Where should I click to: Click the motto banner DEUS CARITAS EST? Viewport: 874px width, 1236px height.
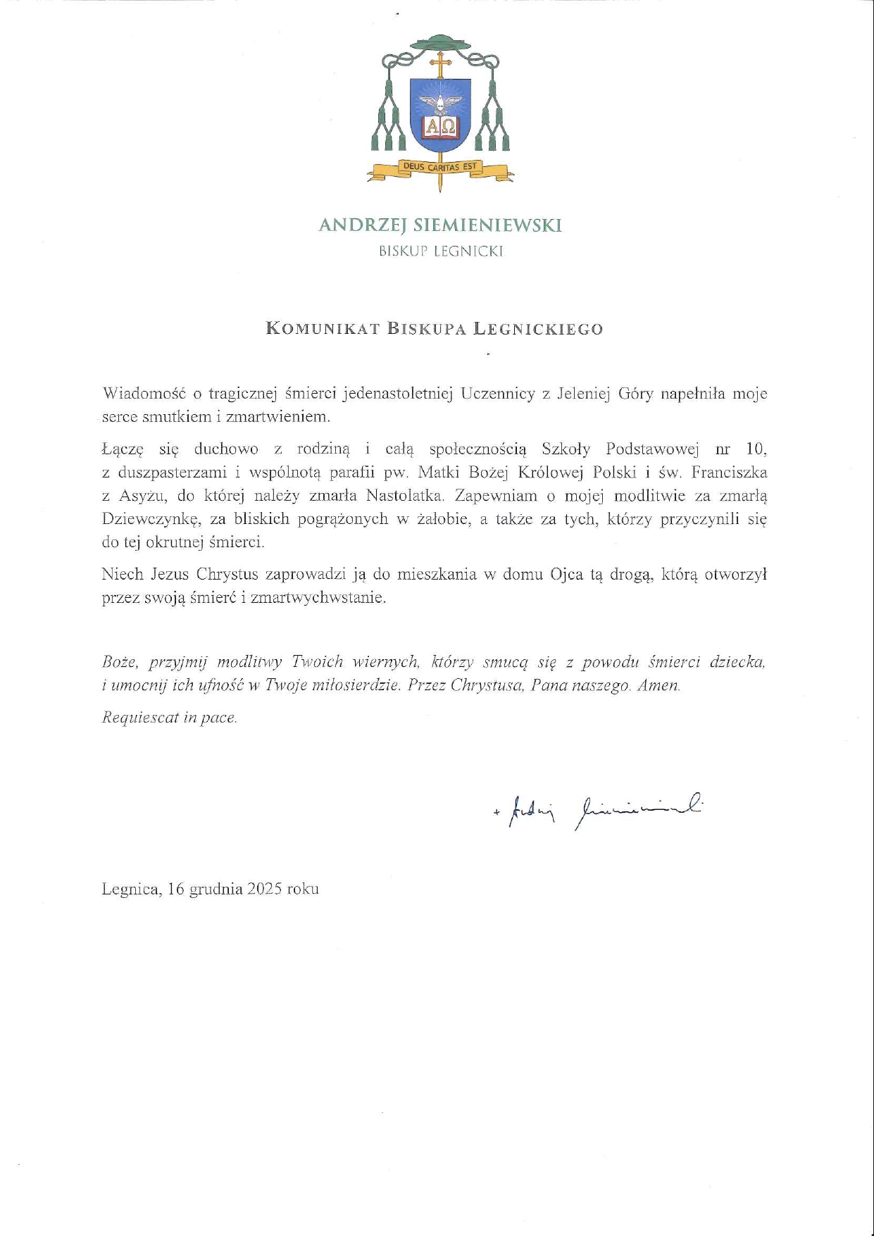coord(440,167)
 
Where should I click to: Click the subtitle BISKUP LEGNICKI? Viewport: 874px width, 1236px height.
coord(441,251)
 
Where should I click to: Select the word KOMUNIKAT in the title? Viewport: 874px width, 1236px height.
coord(323,329)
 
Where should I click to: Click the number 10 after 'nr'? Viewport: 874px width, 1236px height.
coord(755,449)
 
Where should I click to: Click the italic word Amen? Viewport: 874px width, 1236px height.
coord(658,685)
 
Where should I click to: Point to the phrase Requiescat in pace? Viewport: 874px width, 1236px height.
coord(170,718)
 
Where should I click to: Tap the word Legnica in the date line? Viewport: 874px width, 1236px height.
coord(130,889)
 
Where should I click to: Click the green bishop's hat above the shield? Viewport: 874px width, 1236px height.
coord(440,44)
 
